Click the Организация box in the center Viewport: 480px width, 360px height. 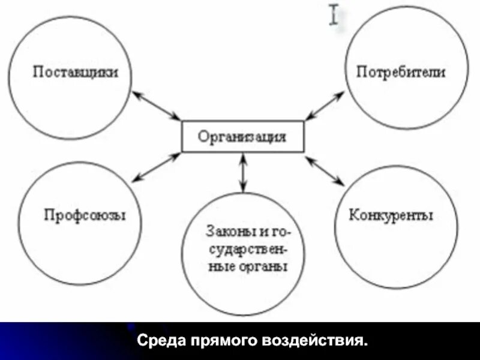tap(242, 136)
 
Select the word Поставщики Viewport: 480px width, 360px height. tap(75, 72)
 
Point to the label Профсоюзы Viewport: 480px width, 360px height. tap(85, 215)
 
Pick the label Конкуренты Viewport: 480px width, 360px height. tap(391, 215)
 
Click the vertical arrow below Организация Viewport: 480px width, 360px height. tap(242, 172)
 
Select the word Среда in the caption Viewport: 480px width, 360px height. tap(163, 342)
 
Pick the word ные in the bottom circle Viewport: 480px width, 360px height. tap(220, 266)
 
